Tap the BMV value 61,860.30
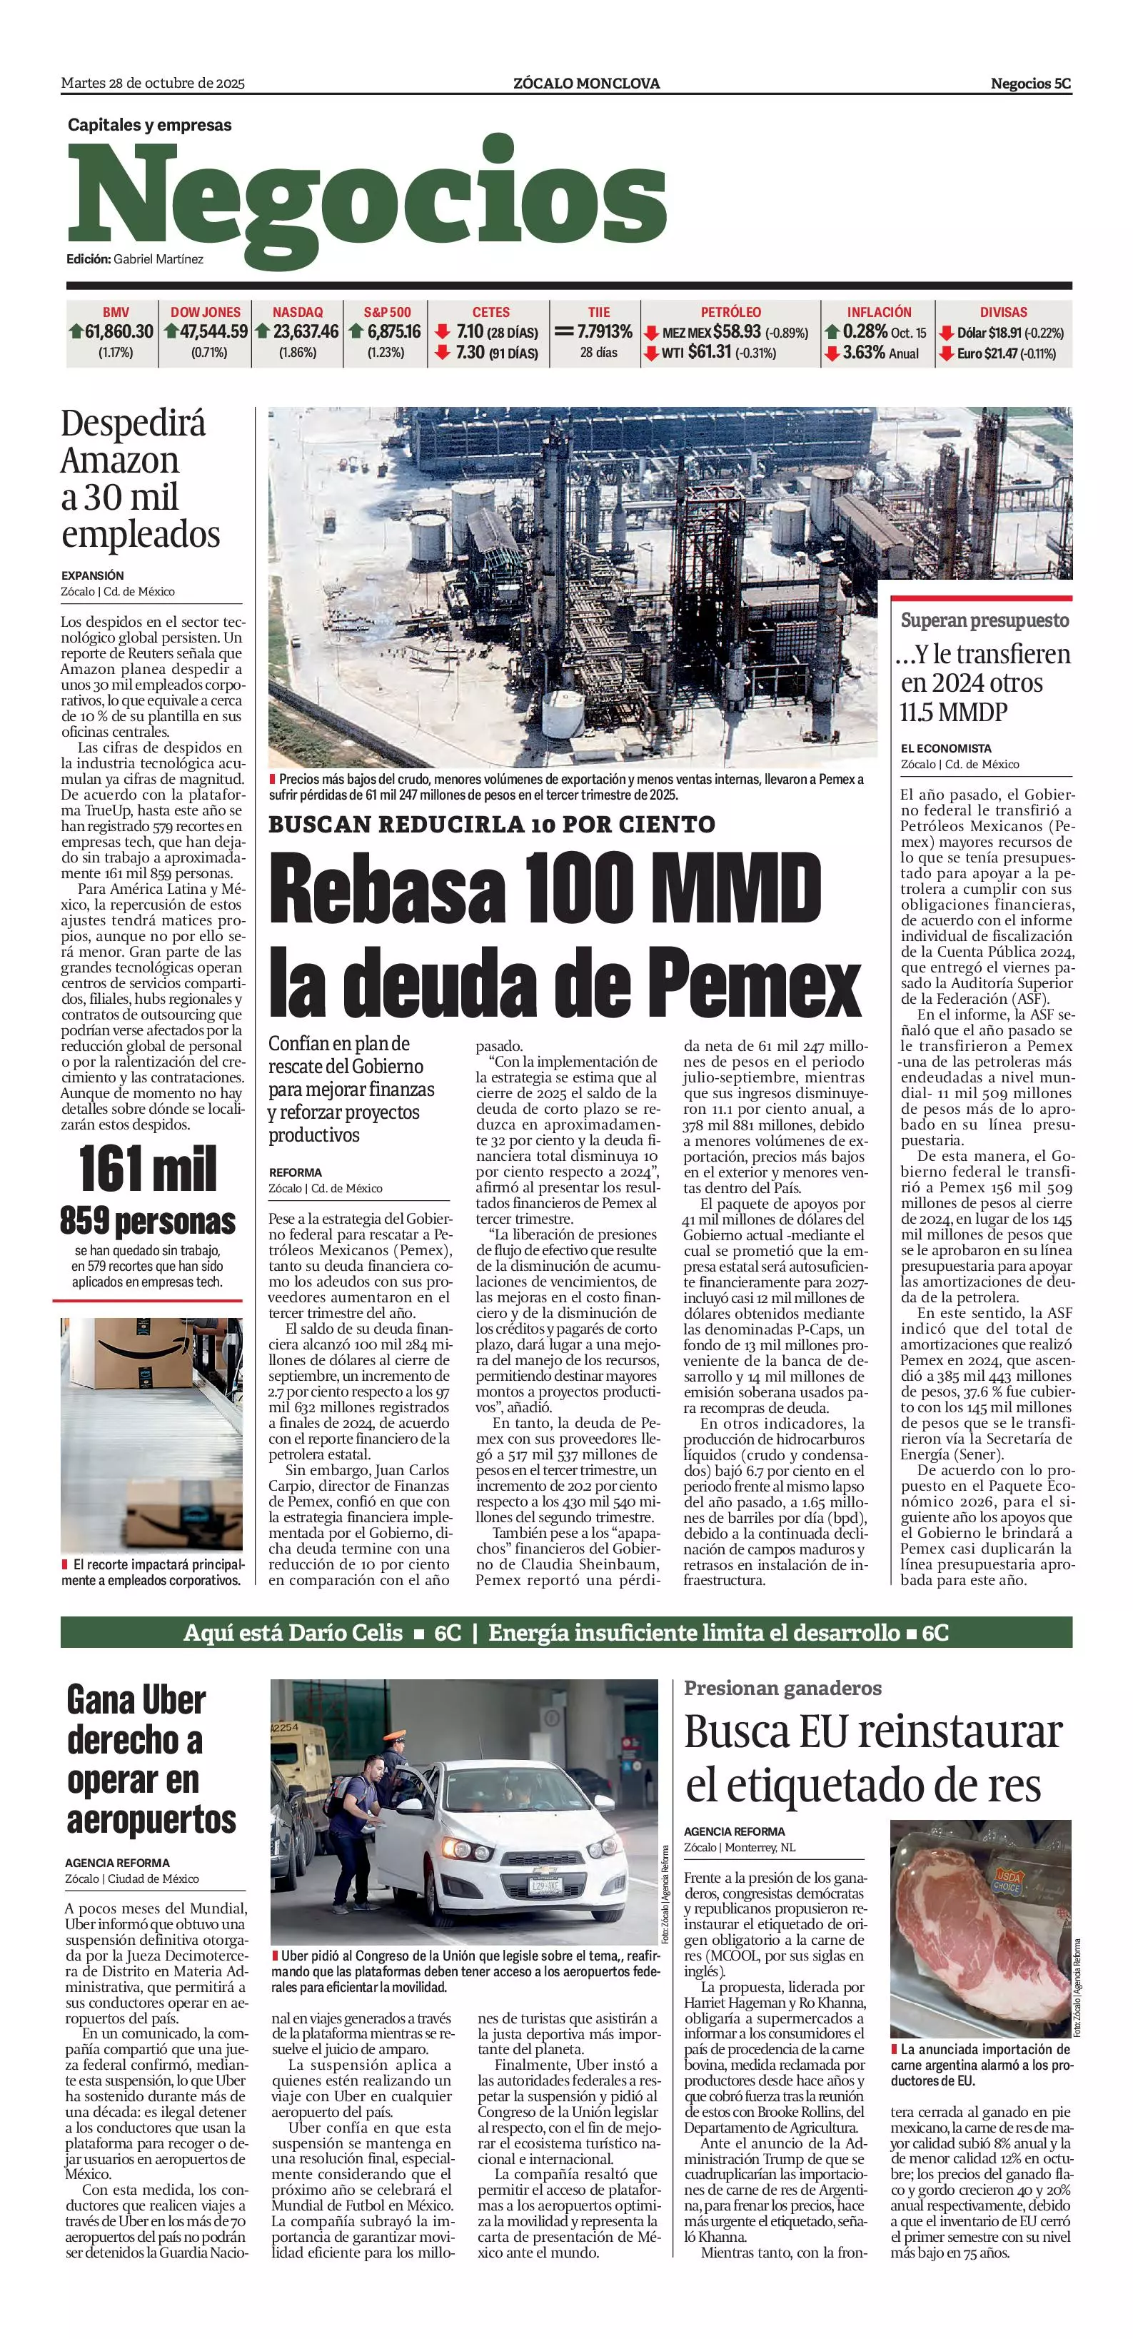point(119,332)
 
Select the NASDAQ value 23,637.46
point(306,332)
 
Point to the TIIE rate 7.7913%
point(605,332)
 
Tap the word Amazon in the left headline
point(120,461)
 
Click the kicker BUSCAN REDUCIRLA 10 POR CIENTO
point(491,825)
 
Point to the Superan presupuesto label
point(984,620)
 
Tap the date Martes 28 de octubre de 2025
point(153,84)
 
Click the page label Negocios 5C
point(1030,84)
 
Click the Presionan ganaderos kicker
point(782,1688)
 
